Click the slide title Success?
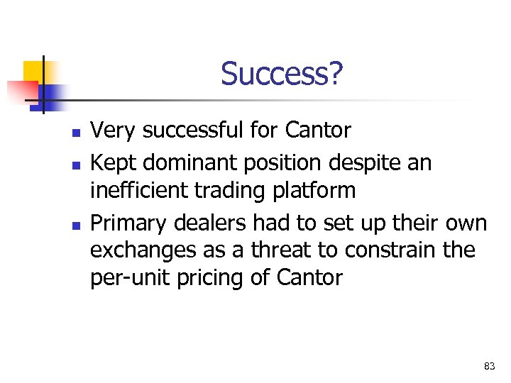pos(282,74)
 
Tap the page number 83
pos(489,366)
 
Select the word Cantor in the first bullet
pos(318,131)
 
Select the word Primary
pos(126,223)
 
